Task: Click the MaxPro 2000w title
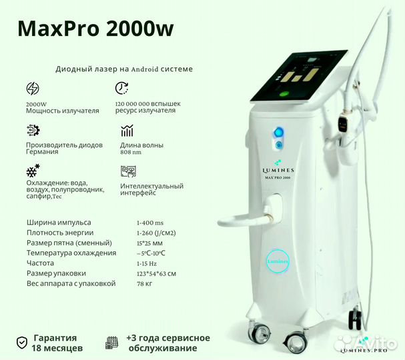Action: pos(95,29)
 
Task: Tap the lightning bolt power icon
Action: pos(33,89)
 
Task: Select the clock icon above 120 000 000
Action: pos(121,88)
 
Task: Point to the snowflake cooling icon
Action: pos(33,171)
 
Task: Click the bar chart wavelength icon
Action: pos(127,131)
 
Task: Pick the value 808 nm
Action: pos(131,152)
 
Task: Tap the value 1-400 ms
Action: pos(150,223)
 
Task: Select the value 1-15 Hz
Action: pos(147,263)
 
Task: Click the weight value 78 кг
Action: pos(144,284)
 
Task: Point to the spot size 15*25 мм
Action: pos(149,243)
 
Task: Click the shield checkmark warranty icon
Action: pos(22,343)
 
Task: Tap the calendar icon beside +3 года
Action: pos(112,343)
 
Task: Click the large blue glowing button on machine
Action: pos(278,132)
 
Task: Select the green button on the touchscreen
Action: pos(285,94)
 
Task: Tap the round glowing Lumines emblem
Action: pos(278,261)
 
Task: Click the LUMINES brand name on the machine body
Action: pos(278,170)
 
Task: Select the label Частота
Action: pos(40,263)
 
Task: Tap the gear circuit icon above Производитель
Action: pos(33,130)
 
